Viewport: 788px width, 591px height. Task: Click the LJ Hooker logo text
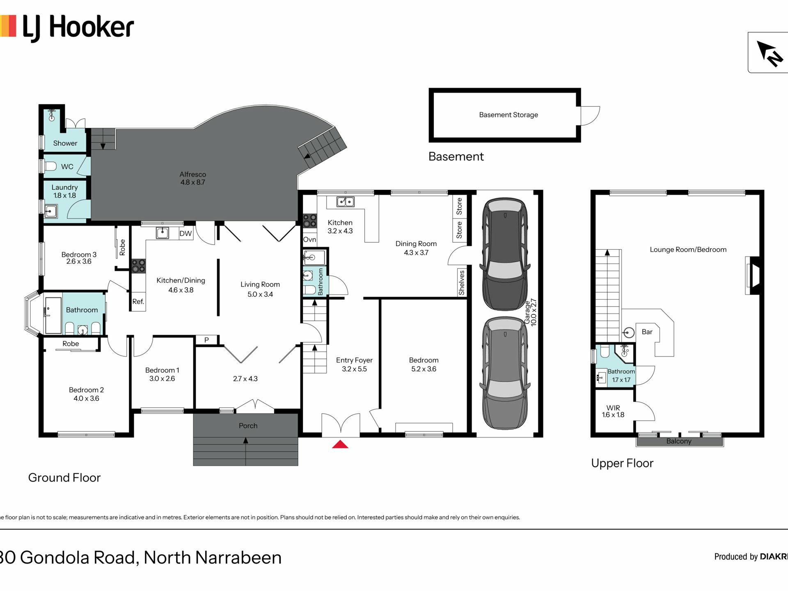click(x=78, y=28)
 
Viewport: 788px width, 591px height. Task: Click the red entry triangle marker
click(x=340, y=444)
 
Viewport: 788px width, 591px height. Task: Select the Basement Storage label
click(x=509, y=115)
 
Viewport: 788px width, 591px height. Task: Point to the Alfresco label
click(x=193, y=174)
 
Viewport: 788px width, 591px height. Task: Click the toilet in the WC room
click(x=50, y=166)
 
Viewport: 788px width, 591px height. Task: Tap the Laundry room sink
click(x=51, y=211)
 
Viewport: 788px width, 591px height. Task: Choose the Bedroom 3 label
click(x=79, y=254)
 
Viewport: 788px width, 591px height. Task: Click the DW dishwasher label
click(x=186, y=234)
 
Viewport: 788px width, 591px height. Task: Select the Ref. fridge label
click(x=138, y=302)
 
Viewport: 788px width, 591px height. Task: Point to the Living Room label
click(x=260, y=284)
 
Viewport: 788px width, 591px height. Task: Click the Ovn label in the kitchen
click(x=309, y=240)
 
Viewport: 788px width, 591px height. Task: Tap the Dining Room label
click(x=416, y=244)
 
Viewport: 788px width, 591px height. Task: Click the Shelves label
click(x=462, y=282)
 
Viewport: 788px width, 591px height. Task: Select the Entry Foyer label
click(x=354, y=360)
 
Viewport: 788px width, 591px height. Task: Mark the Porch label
click(x=248, y=426)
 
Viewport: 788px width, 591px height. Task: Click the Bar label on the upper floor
click(x=647, y=332)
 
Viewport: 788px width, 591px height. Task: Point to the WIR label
click(x=613, y=408)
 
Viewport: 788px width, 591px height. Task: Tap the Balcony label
click(x=679, y=441)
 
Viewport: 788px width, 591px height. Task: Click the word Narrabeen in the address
click(x=238, y=558)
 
